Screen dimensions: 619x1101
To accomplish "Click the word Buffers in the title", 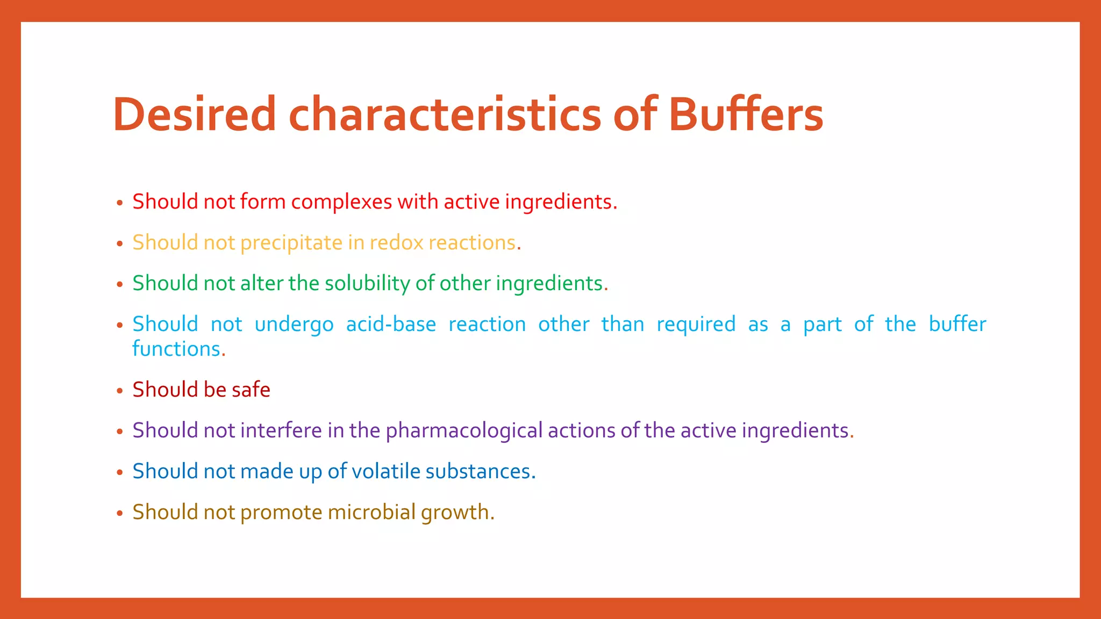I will (746, 114).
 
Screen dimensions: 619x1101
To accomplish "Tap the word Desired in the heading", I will (194, 114).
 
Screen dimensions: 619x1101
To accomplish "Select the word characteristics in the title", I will (445, 114).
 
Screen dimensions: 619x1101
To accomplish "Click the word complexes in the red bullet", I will (341, 202).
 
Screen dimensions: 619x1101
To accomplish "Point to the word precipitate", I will (291, 243).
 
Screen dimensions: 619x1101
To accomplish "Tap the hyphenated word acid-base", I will (391, 325).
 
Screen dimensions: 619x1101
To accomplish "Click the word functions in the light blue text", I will (176, 349).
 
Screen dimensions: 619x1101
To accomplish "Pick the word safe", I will (251, 390).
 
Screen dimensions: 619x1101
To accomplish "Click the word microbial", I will (371, 512).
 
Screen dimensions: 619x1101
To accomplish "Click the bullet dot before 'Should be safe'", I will (120, 391).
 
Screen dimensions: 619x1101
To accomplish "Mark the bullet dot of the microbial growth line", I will (120, 513).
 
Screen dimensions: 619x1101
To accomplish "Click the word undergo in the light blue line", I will (294, 325).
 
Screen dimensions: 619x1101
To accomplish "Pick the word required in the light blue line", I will (696, 325).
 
